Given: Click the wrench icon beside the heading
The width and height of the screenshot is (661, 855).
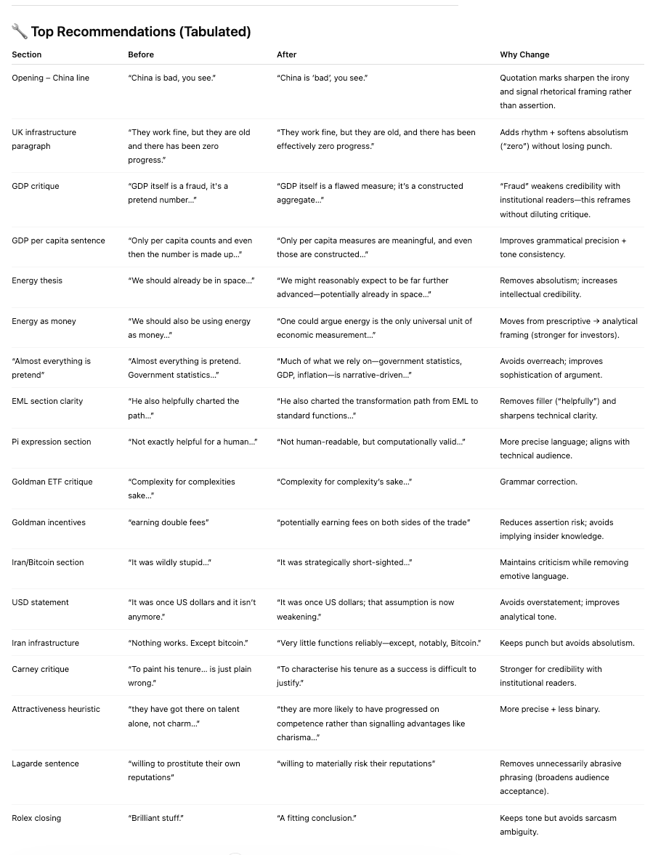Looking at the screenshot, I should [x=20, y=31].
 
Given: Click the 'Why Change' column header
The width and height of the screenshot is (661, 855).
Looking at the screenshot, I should [x=524, y=54].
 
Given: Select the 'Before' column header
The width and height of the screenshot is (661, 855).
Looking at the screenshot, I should [x=141, y=54].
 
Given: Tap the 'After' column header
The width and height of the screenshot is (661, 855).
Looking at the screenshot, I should [x=286, y=54].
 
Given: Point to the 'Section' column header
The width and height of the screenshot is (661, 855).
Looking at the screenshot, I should [x=27, y=54].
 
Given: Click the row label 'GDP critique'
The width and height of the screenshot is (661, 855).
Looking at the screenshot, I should [x=36, y=186].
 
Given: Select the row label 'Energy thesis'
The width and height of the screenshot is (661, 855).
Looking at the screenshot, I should [x=37, y=280].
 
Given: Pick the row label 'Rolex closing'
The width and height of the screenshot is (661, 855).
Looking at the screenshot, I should [x=36, y=818].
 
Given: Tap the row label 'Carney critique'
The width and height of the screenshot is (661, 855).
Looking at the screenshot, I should [x=40, y=669].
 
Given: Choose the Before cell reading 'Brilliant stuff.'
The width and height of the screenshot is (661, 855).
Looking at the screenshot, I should [x=155, y=818].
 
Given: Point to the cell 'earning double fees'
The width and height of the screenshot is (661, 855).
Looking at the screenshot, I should [x=168, y=522].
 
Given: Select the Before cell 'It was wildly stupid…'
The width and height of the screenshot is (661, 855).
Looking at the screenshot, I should [x=169, y=562].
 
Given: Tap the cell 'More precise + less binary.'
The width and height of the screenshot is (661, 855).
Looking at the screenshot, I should [x=549, y=709].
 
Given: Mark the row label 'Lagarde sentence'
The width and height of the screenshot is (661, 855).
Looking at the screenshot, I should [x=45, y=763].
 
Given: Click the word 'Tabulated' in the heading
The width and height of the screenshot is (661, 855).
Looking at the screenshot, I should [x=216, y=31].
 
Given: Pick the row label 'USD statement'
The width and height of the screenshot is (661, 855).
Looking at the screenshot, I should [x=40, y=602].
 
